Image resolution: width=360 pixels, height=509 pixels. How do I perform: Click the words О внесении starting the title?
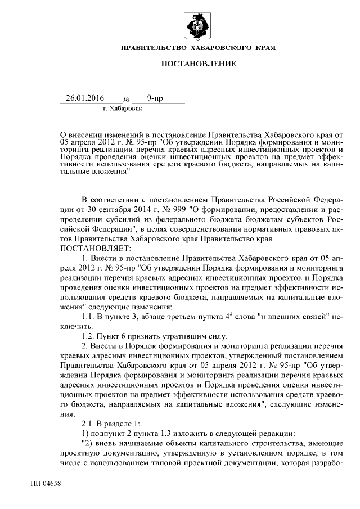point(84,135)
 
